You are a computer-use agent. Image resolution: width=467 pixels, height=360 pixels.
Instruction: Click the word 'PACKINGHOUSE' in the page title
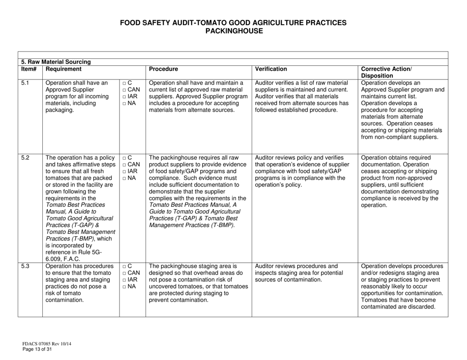[233, 31]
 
